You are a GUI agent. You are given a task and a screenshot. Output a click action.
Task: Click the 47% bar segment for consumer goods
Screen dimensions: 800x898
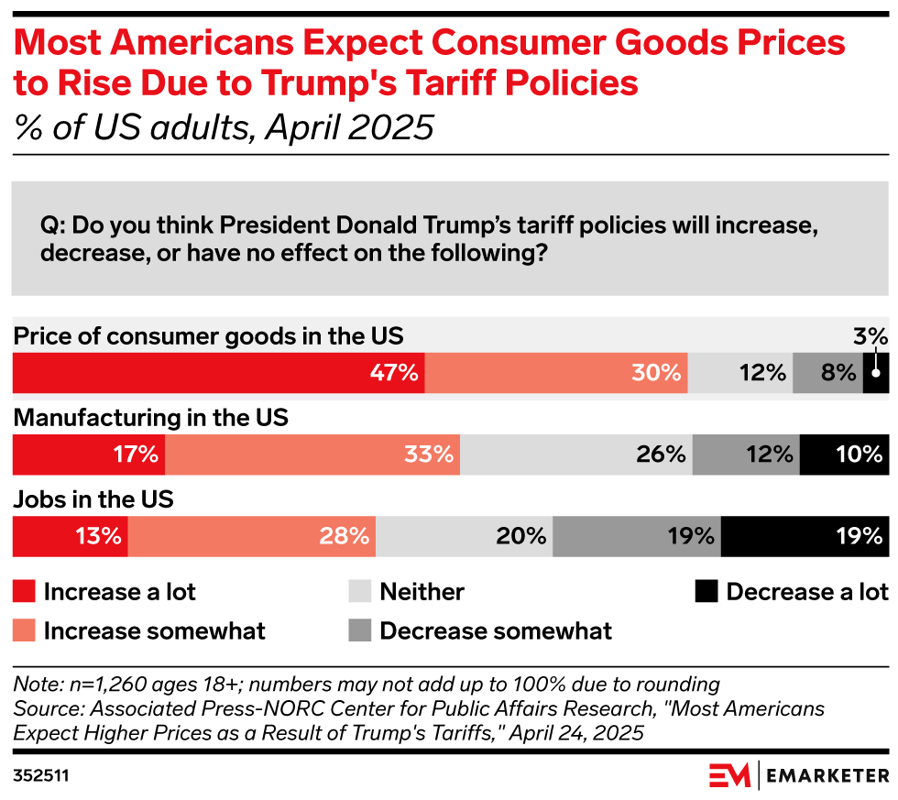click(218, 373)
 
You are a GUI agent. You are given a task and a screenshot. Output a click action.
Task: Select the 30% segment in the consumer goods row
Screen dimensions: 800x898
click(556, 373)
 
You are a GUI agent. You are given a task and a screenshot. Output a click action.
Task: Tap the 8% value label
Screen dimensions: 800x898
click(838, 373)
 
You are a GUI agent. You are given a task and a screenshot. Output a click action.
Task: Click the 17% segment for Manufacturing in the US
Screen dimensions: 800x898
click(88, 455)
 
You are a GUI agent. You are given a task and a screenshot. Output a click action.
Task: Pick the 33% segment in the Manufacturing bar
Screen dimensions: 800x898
click(312, 455)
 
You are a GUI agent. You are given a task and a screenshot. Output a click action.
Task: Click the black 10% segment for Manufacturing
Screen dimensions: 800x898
click(844, 455)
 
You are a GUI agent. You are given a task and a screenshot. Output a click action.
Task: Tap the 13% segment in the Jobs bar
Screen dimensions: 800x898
click(70, 537)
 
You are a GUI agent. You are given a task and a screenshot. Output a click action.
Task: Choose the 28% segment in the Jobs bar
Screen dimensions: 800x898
click(252, 537)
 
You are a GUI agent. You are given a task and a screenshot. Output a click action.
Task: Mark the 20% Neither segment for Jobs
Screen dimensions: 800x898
click(464, 537)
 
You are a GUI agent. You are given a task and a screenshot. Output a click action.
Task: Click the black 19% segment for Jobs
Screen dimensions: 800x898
click(805, 537)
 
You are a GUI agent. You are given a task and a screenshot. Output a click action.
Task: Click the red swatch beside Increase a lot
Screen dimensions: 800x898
click(24, 592)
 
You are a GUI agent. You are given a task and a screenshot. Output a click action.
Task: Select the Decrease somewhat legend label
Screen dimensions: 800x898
click(496, 631)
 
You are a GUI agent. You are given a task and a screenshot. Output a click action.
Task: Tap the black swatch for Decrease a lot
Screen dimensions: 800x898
click(706, 592)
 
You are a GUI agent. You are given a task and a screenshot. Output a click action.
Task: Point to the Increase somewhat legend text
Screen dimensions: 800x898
click(154, 631)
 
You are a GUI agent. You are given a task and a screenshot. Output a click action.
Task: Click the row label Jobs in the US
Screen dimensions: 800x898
click(93, 500)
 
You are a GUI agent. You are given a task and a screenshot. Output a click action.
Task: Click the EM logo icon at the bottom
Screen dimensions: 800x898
click(729, 775)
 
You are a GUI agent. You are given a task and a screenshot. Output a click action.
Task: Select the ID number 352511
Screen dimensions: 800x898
click(41, 776)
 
